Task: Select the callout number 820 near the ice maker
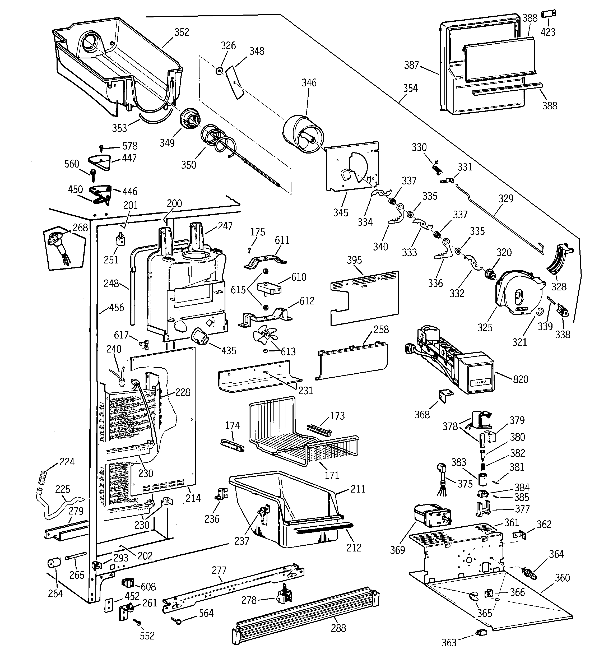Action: pos(521,379)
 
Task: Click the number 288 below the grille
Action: pos(338,628)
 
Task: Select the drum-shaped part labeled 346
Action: pos(303,133)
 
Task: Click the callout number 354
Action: pos(410,88)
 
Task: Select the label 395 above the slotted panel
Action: pos(354,260)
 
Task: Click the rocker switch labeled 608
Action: pos(128,583)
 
